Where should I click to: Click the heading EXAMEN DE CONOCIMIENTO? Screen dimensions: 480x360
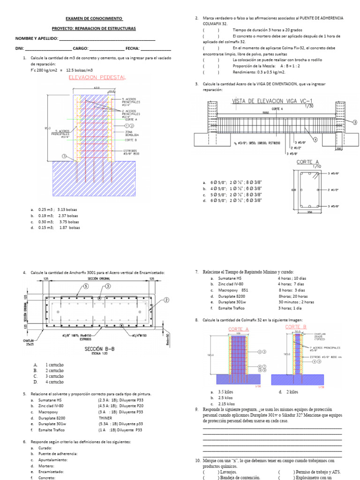coord(93,18)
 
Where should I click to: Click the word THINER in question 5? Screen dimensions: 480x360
coord(105,418)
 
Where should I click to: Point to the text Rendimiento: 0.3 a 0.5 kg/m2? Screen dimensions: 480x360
coord(259,72)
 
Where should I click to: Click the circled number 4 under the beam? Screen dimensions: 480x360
coord(315,139)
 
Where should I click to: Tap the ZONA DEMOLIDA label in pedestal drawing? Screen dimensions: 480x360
coord(133,134)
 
